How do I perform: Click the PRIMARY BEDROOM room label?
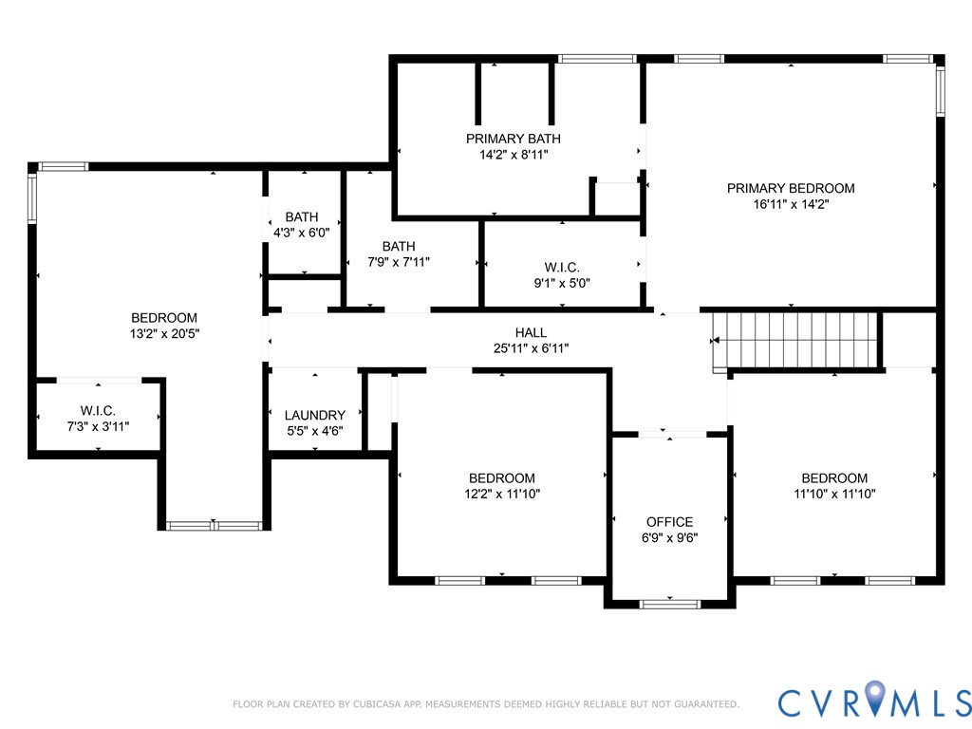(791, 188)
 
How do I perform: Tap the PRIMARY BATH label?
(514, 139)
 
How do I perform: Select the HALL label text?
(531, 332)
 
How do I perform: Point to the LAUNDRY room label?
(315, 416)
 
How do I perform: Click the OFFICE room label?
(669, 522)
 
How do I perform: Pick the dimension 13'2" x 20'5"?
(164, 333)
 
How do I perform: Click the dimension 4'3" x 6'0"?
(302, 233)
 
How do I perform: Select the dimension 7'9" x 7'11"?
(399, 262)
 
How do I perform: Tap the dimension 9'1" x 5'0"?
(562, 283)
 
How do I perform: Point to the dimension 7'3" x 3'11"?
(98, 426)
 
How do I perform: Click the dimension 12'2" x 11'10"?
(502, 494)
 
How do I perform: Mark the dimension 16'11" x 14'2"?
(791, 204)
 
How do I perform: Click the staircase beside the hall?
(796, 341)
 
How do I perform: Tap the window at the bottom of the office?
(669, 603)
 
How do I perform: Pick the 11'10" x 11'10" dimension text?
(834, 494)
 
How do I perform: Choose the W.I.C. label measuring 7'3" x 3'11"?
(98, 410)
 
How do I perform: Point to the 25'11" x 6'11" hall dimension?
(531, 348)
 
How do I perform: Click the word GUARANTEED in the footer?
(705, 704)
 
